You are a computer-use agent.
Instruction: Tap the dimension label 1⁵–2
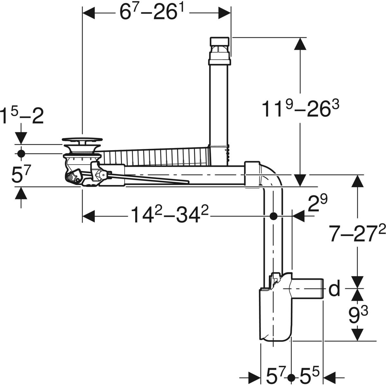(x=22, y=116)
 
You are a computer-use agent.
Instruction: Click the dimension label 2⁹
(x=317, y=203)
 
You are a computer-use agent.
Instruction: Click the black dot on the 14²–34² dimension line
(x=273, y=216)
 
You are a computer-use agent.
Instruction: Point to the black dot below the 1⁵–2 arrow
(x=21, y=154)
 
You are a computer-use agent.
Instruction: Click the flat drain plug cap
(x=82, y=139)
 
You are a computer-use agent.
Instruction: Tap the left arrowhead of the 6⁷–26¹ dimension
(x=88, y=13)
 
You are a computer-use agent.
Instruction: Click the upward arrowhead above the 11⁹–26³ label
(x=300, y=44)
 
